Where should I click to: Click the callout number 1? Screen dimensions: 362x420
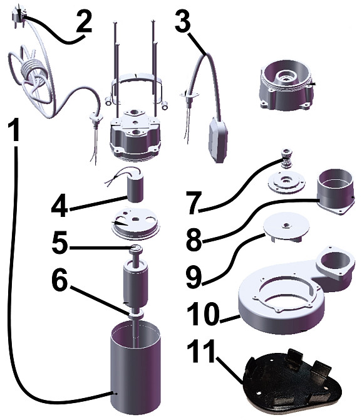[x=13, y=130]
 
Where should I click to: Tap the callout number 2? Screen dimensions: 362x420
[x=83, y=22]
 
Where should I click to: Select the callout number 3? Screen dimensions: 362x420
[x=183, y=20]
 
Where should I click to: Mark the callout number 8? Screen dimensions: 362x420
[x=194, y=239]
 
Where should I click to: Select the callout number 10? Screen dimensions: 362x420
[x=204, y=314]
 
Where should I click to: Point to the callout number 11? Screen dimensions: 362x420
[x=201, y=351]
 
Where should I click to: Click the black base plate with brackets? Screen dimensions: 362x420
[x=292, y=383]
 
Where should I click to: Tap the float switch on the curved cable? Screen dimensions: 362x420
[x=217, y=139]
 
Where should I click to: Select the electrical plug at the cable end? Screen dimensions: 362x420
[x=18, y=15]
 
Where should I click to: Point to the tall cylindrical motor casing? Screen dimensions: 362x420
[x=135, y=369]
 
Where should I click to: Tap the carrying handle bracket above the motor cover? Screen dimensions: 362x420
[x=137, y=88]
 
